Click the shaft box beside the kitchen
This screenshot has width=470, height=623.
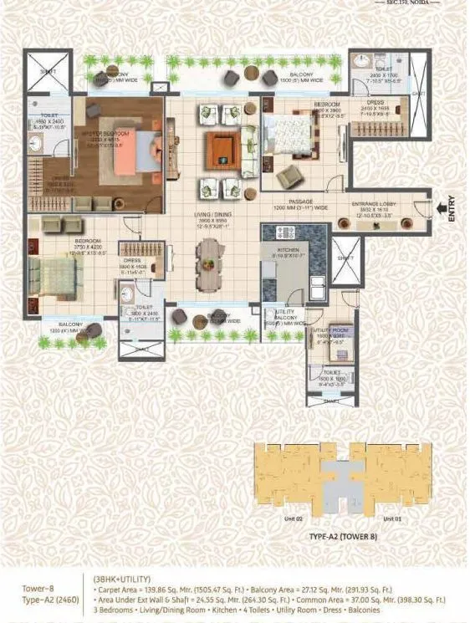345,260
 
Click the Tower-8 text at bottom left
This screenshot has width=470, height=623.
39,589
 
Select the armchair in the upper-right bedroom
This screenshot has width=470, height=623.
289,176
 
